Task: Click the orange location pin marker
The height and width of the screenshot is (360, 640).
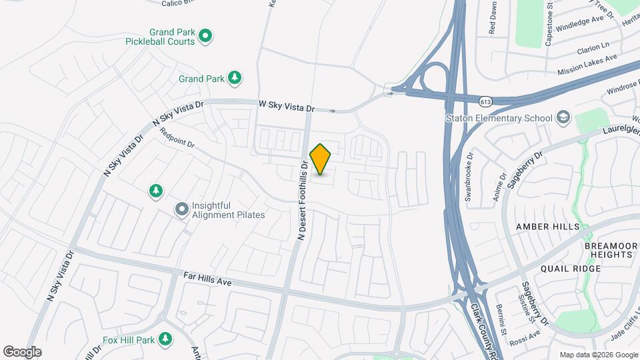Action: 321,159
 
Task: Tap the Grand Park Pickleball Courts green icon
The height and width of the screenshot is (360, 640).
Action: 206,35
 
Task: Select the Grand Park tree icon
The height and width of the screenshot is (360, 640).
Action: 234,79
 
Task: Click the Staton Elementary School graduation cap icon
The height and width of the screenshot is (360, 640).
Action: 563,118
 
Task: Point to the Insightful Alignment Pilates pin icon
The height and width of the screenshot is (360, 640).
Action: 181,210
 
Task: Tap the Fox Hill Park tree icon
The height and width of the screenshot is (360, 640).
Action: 165,340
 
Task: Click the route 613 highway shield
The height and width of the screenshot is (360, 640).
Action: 485,101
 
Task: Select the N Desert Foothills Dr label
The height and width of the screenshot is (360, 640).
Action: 302,200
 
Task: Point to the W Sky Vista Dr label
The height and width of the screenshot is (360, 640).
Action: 286,105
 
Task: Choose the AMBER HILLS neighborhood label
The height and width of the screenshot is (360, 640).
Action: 548,227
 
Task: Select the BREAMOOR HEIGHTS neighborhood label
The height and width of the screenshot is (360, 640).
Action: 611,250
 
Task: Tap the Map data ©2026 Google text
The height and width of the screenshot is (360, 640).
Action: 597,355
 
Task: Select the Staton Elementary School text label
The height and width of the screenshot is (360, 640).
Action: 499,119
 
